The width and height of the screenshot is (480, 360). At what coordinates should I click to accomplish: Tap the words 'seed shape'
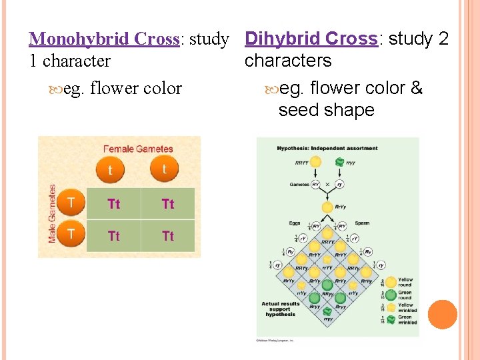pyautogui.click(x=326, y=110)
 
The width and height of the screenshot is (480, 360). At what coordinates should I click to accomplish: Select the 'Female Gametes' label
pyautogui.click(x=138, y=149)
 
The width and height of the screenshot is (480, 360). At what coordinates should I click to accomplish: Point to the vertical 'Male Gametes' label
pyautogui.click(x=53, y=213)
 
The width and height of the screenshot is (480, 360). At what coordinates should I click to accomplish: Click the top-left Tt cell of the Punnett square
pyautogui.click(x=114, y=204)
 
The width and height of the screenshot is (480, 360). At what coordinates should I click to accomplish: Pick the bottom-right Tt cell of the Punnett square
pyautogui.click(x=168, y=236)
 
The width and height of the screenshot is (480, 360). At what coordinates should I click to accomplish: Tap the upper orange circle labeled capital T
pyautogui.click(x=72, y=202)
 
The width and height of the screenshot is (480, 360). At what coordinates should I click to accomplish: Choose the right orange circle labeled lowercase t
pyautogui.click(x=164, y=169)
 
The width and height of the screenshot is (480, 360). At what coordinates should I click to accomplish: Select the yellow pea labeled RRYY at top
pyautogui.click(x=315, y=162)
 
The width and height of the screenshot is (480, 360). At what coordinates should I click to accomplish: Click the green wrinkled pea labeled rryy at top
pyautogui.click(x=340, y=162)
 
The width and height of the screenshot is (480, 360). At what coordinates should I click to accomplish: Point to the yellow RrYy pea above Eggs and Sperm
pyautogui.click(x=327, y=207)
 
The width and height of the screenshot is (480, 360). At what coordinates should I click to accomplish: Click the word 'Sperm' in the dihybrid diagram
pyautogui.click(x=363, y=223)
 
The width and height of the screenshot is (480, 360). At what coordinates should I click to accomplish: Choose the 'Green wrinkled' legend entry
pyautogui.click(x=405, y=320)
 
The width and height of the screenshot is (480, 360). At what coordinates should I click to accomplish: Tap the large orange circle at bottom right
pyautogui.click(x=442, y=314)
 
